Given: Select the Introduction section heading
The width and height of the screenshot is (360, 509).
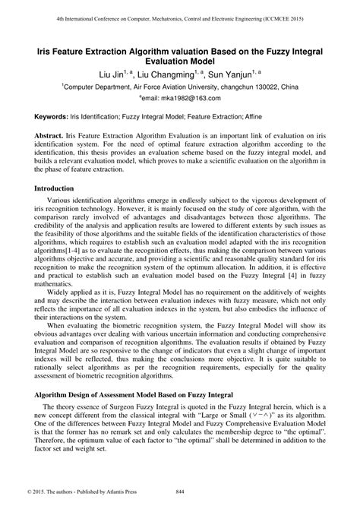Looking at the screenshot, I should click(54, 188).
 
